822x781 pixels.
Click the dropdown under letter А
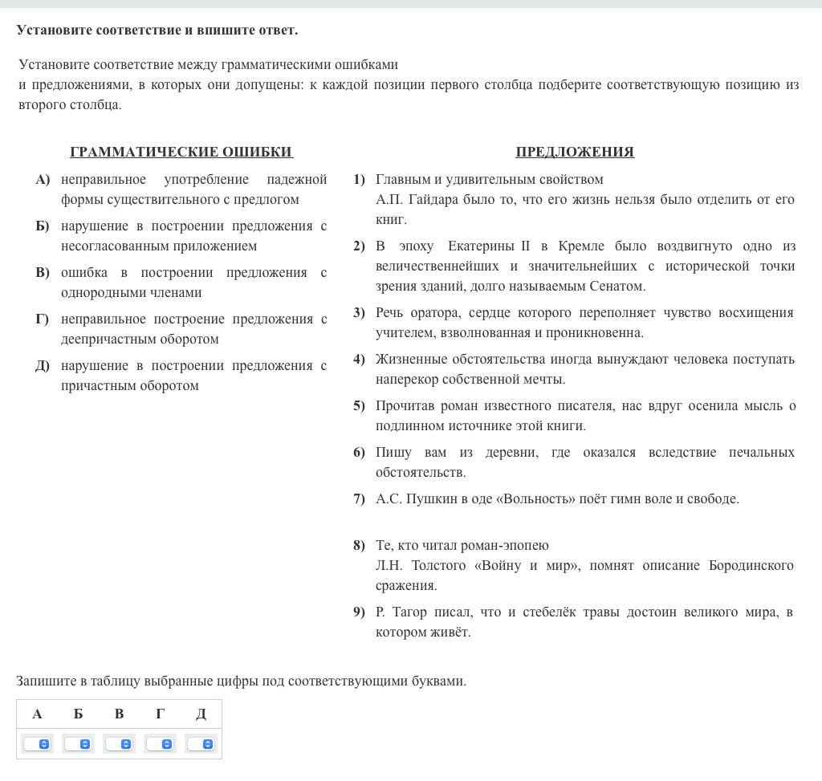[x=37, y=744]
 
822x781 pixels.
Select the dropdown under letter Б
[x=78, y=744]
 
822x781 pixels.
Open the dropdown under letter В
[x=119, y=744]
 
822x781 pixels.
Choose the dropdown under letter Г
[x=160, y=744]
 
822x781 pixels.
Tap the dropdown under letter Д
[x=201, y=744]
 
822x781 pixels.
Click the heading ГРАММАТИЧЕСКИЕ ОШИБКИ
[x=181, y=153]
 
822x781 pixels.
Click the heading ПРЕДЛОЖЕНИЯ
[x=575, y=153]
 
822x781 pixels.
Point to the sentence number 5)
[x=359, y=406]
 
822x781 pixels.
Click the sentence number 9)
[x=359, y=612]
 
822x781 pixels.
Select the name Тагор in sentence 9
[x=412, y=612]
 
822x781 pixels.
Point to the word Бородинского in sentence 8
[x=751, y=566]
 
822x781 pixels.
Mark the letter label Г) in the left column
[x=42, y=319]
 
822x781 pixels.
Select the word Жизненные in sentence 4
[x=409, y=359]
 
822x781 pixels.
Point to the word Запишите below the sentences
[x=45, y=681]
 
